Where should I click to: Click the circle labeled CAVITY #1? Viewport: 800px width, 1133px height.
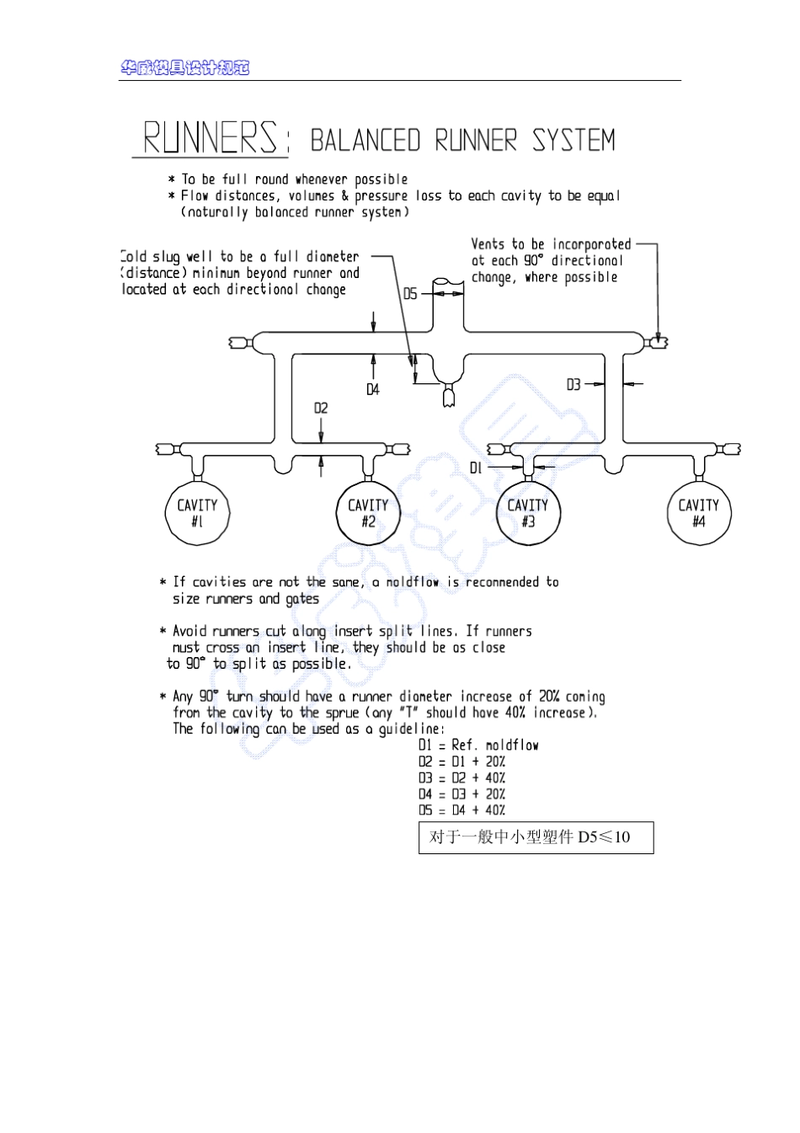coord(197,512)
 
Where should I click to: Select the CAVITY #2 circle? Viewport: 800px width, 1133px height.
coord(368,512)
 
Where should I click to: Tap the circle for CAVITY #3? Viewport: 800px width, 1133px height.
coord(528,512)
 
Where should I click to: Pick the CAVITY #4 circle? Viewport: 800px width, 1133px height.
coord(699,512)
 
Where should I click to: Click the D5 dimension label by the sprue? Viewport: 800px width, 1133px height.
coord(410,294)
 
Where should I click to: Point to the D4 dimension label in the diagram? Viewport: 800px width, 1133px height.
coord(373,389)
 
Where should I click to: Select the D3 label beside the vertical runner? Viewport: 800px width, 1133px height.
coord(573,384)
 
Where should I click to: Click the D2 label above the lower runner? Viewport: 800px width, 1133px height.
coord(321,409)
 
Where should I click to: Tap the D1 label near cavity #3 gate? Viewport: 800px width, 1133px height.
coord(476,468)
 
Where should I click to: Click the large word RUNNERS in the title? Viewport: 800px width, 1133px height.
coord(211,138)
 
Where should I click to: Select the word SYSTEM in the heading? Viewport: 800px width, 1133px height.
coord(573,141)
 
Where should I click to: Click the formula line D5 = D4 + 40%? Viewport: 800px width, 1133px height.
coord(461,810)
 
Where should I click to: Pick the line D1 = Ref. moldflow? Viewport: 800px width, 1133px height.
coord(478,746)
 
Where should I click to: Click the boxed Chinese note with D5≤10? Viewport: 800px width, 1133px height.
coord(536,837)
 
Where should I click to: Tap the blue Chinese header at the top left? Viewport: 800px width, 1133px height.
coord(185,68)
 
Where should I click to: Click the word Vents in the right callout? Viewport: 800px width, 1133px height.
coord(488,244)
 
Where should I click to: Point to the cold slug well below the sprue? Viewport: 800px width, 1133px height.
coord(447,394)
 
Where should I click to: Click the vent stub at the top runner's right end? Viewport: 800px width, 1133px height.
coord(658,342)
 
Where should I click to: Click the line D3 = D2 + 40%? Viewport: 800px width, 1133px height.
coord(461,778)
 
